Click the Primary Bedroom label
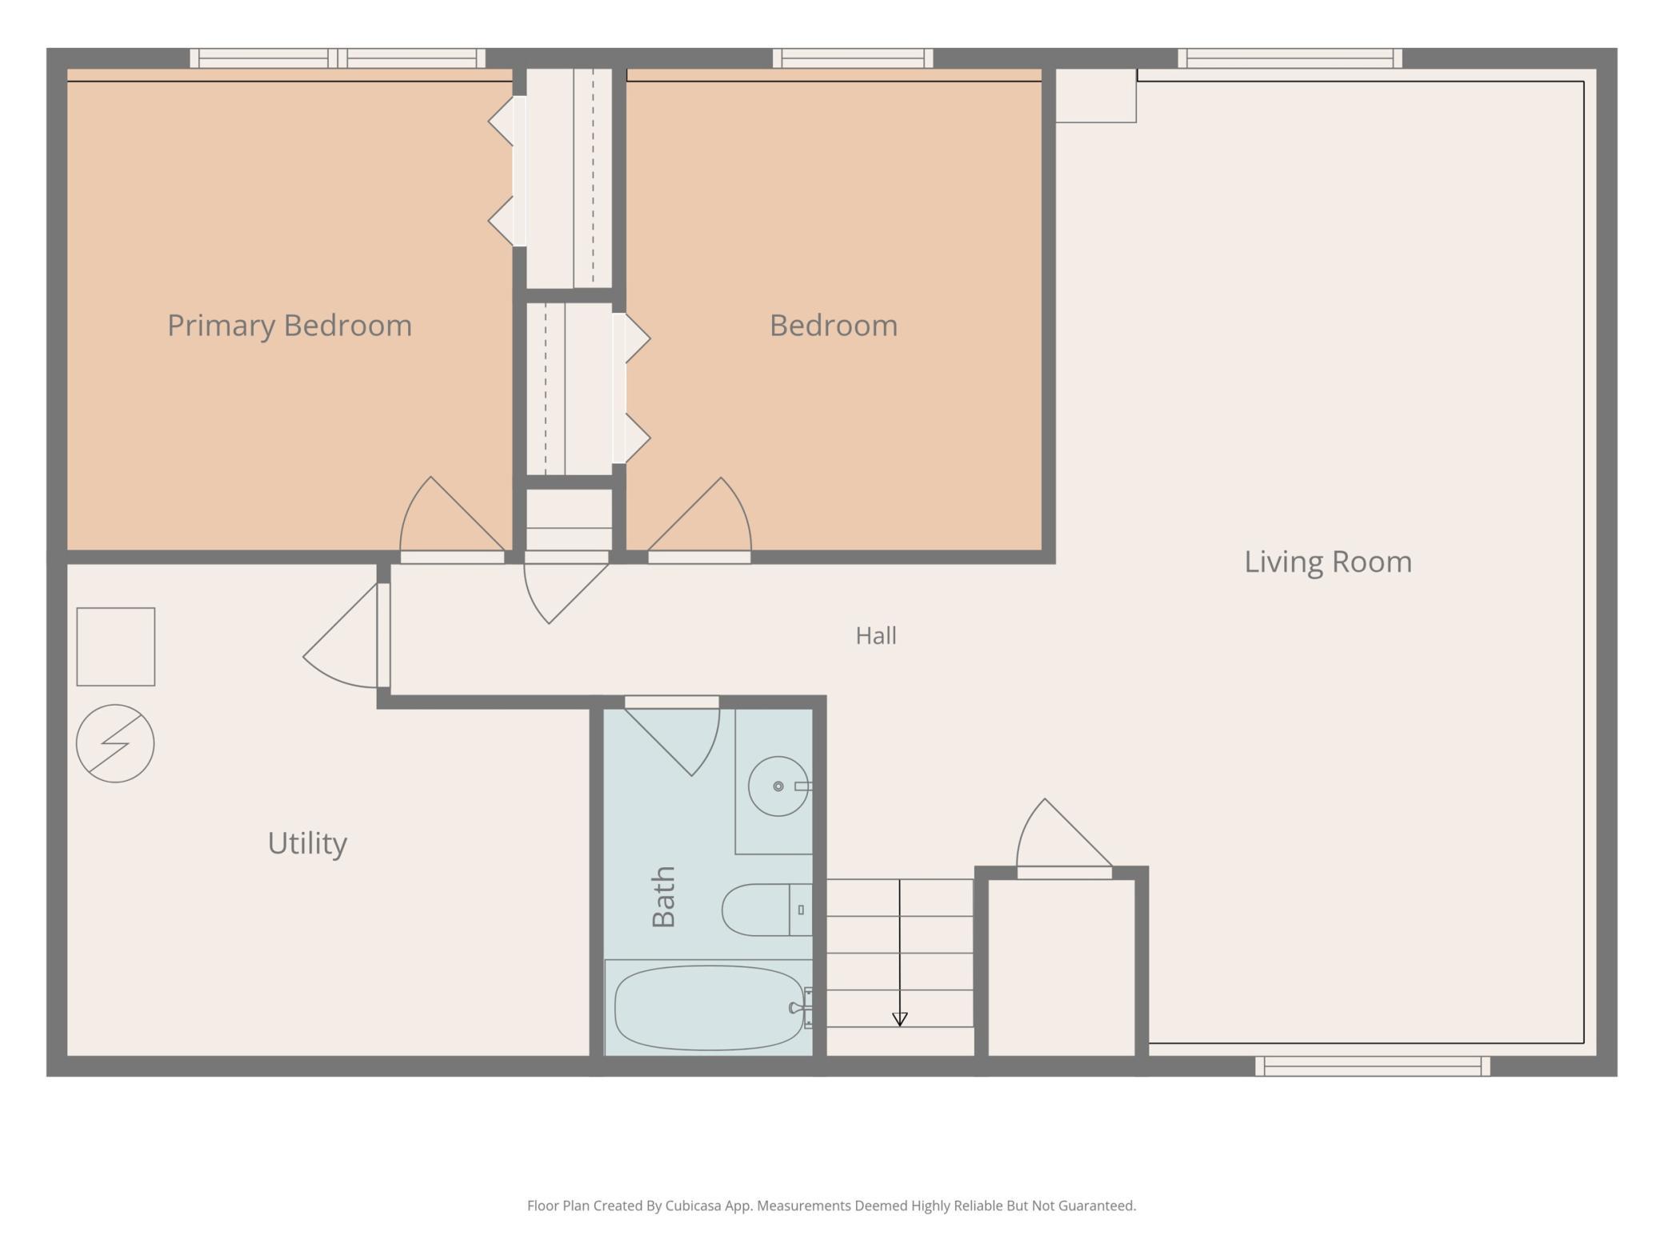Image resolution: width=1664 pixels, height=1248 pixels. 290,326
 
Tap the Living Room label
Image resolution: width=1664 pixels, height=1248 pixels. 1328,562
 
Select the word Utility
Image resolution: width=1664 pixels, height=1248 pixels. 307,843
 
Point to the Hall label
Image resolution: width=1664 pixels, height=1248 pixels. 876,636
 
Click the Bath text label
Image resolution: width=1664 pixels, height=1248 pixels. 664,897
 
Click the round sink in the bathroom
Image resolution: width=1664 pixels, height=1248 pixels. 778,786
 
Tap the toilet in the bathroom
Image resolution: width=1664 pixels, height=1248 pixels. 767,910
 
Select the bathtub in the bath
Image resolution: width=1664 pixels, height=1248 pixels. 710,1007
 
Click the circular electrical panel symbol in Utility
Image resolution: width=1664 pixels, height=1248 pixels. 115,743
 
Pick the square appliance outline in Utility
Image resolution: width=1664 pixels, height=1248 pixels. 116,646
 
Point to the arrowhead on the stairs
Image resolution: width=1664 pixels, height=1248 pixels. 900,1019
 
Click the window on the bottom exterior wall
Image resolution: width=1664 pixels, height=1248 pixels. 1372,1066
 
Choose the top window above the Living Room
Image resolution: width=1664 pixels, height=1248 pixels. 1290,58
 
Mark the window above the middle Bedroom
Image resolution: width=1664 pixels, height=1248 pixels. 853,58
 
